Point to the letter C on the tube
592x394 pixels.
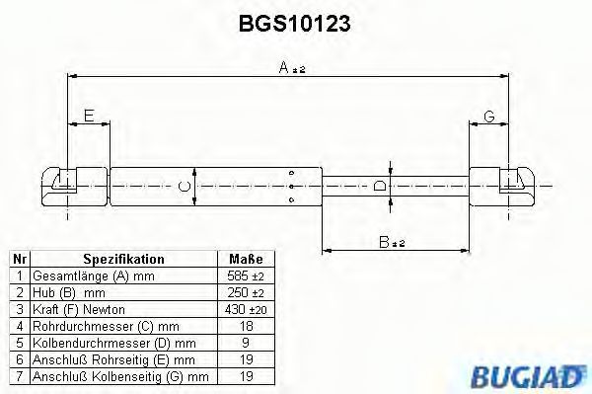click(183, 186)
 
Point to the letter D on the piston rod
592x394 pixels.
click(380, 186)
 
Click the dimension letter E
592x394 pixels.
click(89, 117)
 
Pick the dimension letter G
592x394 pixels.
click(488, 117)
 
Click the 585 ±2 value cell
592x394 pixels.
click(247, 276)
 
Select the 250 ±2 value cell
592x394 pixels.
click(247, 293)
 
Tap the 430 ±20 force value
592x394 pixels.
click(247, 310)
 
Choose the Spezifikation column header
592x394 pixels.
click(123, 259)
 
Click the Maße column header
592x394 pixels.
click(247, 259)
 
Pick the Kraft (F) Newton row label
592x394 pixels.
click(79, 310)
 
